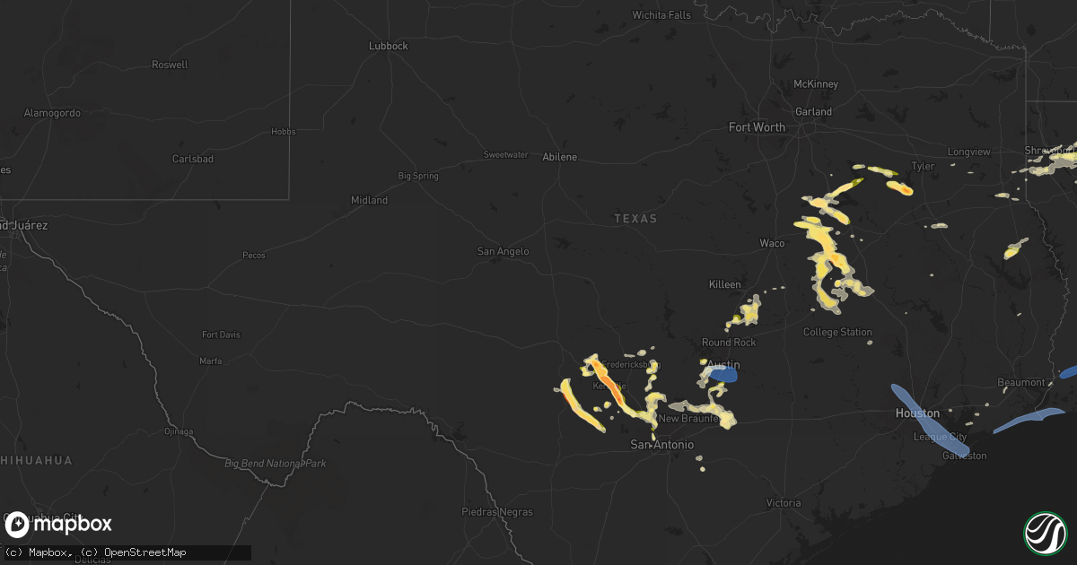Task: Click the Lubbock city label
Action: tap(389, 46)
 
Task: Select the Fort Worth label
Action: tap(757, 127)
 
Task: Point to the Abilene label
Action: tap(560, 157)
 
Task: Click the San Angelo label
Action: tap(503, 252)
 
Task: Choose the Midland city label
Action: tap(369, 200)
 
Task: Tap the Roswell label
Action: tap(171, 65)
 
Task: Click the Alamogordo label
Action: tap(51, 113)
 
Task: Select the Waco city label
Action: tap(772, 243)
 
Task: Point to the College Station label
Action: tap(837, 332)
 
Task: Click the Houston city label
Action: tap(917, 413)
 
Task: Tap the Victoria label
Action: tap(784, 503)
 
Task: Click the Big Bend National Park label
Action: tap(275, 464)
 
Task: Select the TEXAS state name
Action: tap(635, 219)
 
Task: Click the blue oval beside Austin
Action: tap(725, 376)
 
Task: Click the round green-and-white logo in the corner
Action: tap(1046, 533)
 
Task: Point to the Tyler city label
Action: tap(923, 166)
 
